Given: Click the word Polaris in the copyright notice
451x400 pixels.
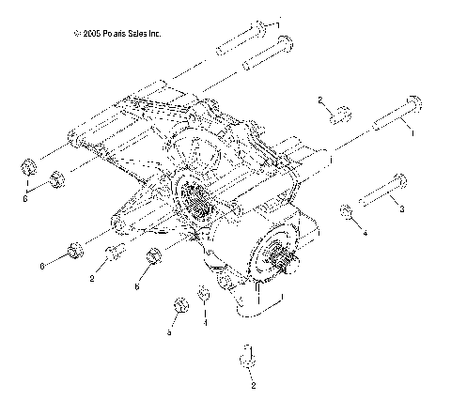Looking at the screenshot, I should click(115, 34).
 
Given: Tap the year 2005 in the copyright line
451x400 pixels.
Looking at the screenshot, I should click(91, 34).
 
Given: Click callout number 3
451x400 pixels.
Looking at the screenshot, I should click(402, 208).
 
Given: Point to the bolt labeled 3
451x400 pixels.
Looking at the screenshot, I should click(380, 193).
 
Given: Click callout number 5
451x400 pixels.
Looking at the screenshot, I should click(170, 331).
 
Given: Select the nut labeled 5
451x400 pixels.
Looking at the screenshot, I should click(177, 308).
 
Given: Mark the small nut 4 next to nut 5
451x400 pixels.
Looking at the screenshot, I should click(204, 299).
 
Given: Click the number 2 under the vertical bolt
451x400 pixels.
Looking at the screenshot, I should click(251, 384).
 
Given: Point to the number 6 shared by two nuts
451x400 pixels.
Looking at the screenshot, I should click(26, 199).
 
